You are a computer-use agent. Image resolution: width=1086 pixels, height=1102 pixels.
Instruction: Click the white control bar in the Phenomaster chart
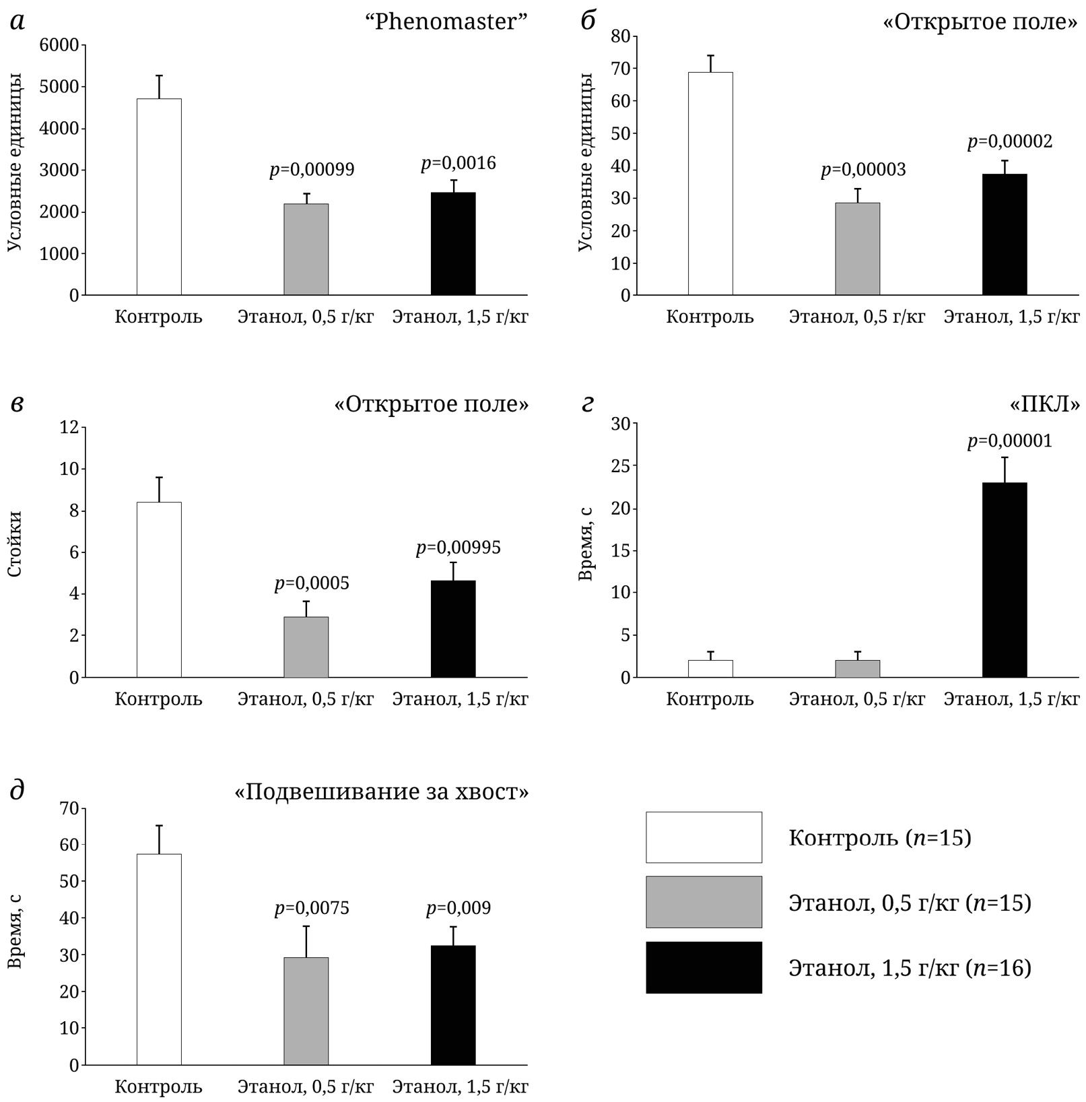(159, 197)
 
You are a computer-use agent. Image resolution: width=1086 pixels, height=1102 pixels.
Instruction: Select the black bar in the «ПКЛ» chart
(1005, 580)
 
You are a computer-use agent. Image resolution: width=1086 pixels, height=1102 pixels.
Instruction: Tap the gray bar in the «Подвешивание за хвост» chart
(306, 1011)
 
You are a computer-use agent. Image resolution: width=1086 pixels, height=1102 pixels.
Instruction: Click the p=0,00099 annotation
(312, 170)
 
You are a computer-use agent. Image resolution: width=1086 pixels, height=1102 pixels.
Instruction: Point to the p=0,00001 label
(1009, 441)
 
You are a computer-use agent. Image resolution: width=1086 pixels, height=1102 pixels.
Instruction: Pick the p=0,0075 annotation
(312, 909)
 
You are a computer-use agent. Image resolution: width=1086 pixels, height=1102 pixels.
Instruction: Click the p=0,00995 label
(458, 548)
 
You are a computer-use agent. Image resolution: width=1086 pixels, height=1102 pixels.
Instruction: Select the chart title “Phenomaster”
(446, 22)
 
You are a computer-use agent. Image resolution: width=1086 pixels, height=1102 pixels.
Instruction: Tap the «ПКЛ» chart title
(1045, 404)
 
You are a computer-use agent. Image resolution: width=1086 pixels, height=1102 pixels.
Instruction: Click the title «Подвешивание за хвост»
(381, 791)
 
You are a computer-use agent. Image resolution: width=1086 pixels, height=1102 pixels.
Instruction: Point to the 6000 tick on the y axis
(59, 45)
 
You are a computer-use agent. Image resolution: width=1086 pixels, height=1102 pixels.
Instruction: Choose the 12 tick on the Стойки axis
(69, 427)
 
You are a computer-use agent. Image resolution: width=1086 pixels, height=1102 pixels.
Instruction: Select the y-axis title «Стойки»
(15, 544)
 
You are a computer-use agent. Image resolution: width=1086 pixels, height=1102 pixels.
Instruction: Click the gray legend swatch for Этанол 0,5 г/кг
(704, 902)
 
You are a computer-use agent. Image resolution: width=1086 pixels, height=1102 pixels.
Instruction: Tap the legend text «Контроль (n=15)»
(880, 838)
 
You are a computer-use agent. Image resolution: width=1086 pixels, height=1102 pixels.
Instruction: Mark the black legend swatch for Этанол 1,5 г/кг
(704, 967)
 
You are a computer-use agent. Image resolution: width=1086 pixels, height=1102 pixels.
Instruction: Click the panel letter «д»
(18, 790)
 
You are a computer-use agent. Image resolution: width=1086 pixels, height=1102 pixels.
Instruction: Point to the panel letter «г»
(587, 404)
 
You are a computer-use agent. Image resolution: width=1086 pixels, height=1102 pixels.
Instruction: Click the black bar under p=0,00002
(1005, 234)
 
